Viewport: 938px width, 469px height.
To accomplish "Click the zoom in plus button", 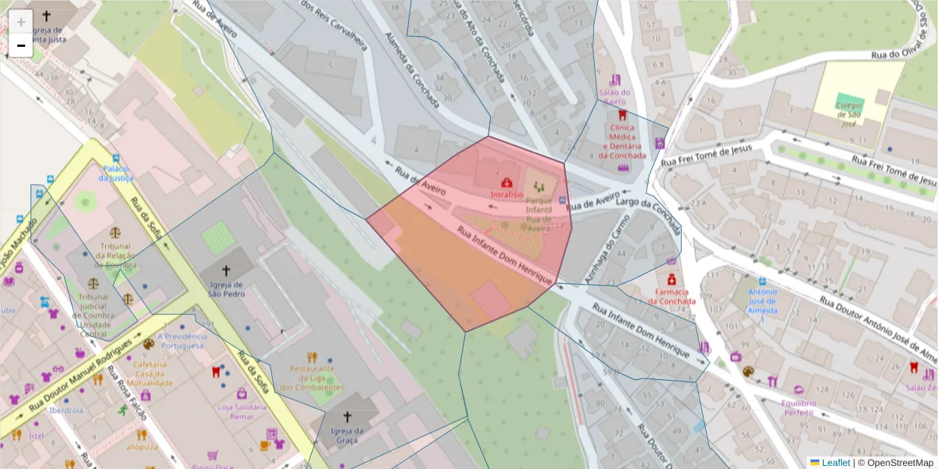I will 21,21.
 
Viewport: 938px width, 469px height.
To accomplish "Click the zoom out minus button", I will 21,45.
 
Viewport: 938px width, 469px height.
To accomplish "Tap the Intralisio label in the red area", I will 507,194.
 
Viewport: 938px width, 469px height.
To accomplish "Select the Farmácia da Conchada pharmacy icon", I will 671,279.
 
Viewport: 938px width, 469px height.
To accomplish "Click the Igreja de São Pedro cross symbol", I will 227,270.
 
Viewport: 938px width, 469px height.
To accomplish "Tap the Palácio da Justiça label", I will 115,173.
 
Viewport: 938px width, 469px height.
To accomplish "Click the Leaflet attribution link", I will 835,463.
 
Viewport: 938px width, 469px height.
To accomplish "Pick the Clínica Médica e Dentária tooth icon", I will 621,114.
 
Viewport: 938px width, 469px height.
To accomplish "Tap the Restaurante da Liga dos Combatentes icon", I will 312,356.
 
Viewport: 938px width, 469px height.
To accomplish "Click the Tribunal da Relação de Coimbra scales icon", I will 116,232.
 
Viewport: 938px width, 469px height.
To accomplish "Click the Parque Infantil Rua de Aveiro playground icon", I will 539,186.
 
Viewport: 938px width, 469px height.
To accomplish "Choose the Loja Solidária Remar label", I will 242,412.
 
